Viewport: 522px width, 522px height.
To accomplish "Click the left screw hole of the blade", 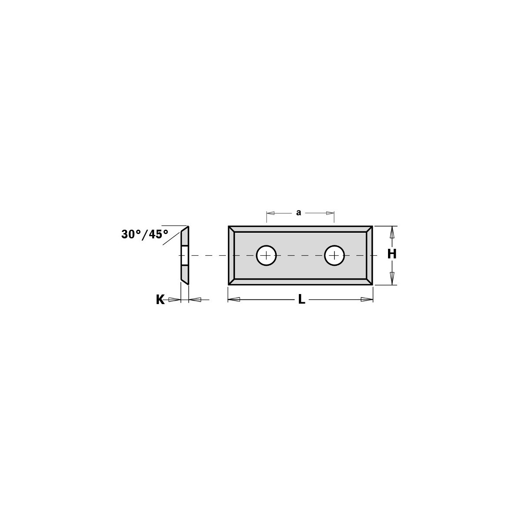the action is click(x=266, y=255).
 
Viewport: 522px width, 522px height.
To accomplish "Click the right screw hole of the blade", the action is click(x=335, y=255).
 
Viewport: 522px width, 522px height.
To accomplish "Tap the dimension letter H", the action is click(x=391, y=254).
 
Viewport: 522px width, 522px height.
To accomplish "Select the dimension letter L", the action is click(x=301, y=299).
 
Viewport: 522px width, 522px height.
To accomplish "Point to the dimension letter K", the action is click(x=160, y=300).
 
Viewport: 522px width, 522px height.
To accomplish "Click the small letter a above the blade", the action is click(x=298, y=213).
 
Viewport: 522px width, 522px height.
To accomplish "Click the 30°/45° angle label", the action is click(x=145, y=234).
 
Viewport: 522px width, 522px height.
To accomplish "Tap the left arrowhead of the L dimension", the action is click(x=234, y=299).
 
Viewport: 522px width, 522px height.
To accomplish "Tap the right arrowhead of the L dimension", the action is click(x=367, y=299).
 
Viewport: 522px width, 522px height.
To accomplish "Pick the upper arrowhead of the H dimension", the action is click(x=391, y=233).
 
